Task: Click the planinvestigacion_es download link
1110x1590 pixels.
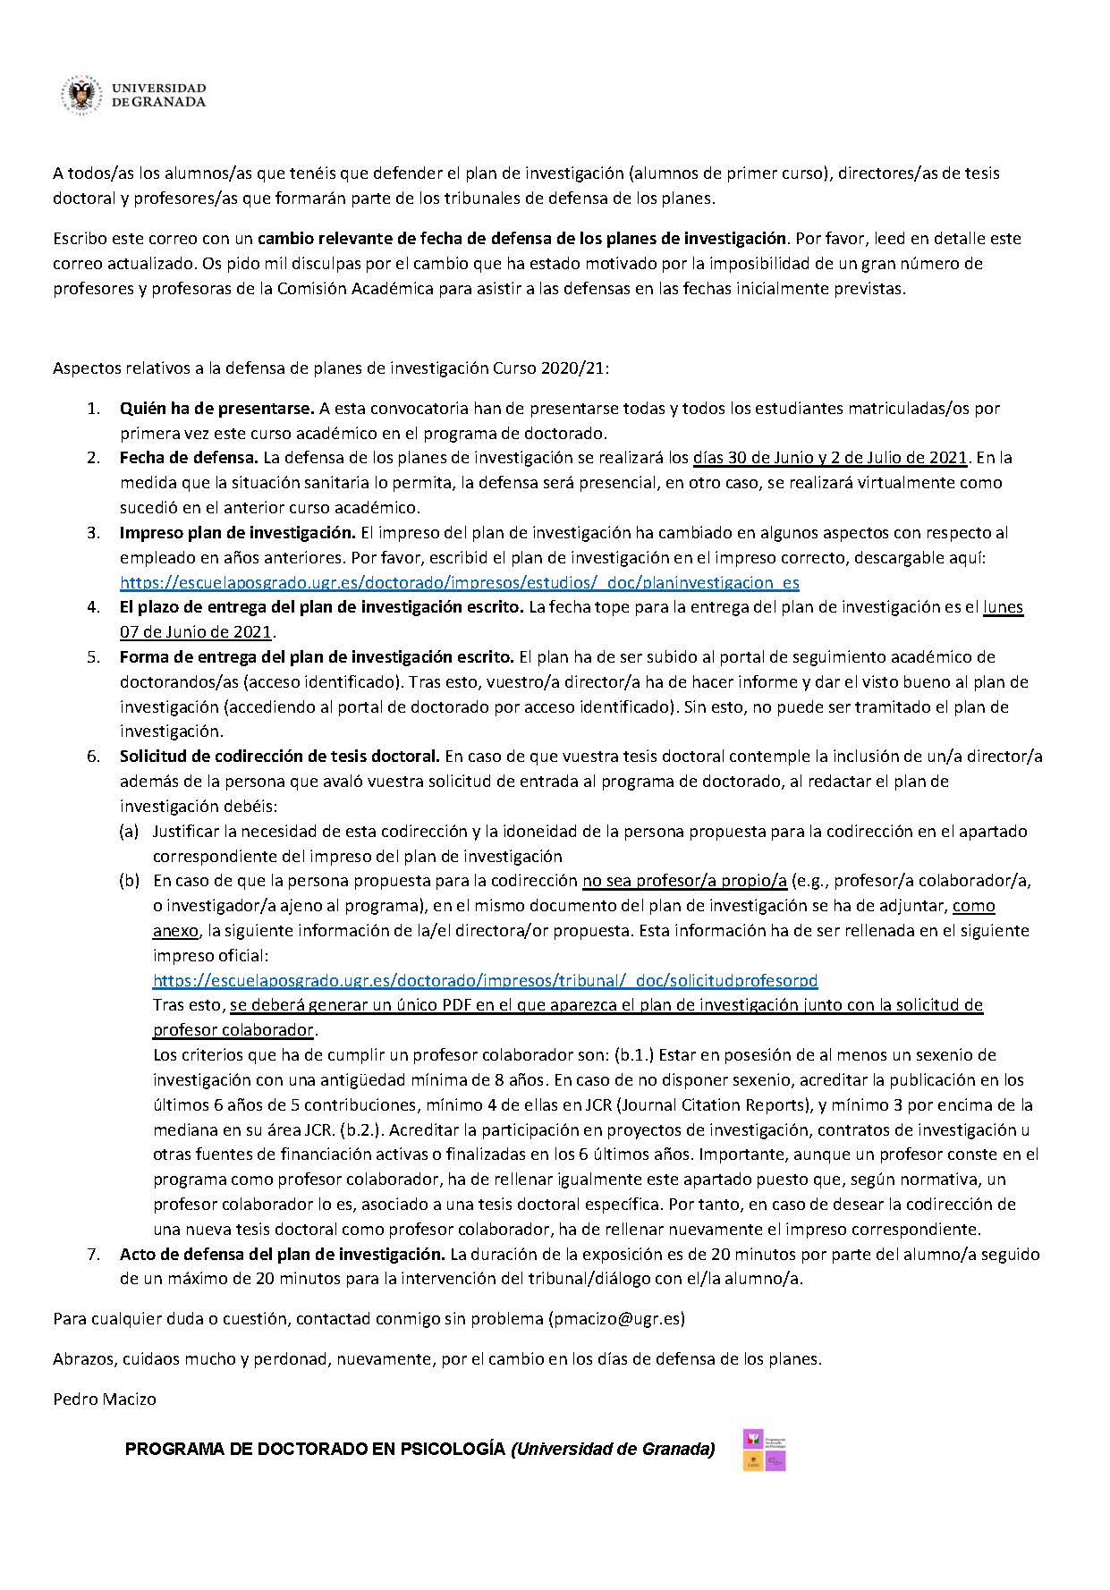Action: [459, 582]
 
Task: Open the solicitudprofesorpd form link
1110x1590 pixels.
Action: [485, 979]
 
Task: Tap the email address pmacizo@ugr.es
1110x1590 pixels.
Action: [616, 1318]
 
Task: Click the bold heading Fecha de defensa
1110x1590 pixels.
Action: [189, 457]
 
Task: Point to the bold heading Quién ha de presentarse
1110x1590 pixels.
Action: [216, 408]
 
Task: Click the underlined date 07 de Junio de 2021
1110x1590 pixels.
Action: [195, 632]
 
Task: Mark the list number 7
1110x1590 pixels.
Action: [93, 1254]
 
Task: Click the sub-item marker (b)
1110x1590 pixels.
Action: [130, 881]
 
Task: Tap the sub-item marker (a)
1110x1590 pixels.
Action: [130, 831]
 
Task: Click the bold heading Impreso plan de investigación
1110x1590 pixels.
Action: [237, 532]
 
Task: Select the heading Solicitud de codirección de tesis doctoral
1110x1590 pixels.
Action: [279, 756]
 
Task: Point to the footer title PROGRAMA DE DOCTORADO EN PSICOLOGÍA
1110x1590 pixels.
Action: [316, 1449]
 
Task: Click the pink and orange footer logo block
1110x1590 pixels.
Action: [764, 1450]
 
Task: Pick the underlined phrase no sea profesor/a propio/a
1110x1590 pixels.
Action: [684, 881]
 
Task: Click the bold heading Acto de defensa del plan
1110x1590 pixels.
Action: [282, 1254]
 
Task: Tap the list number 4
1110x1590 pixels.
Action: [93, 607]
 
